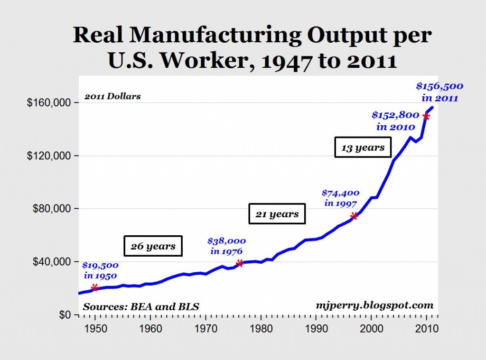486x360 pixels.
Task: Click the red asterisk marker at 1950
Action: [95, 288]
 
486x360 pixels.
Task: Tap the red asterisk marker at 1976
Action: [240, 263]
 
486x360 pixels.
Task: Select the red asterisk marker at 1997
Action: [355, 216]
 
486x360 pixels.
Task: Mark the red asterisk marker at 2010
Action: [427, 117]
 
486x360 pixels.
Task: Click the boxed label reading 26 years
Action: [153, 246]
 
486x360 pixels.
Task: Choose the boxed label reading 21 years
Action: [277, 214]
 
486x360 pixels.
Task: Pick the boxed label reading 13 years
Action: [363, 148]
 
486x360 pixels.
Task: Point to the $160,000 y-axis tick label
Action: [49, 102]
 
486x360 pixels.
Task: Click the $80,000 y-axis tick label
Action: [52, 209]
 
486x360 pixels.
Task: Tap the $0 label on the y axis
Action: [65, 315]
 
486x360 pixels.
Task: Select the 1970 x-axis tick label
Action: [206, 328]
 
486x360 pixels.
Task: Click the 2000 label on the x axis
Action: [371, 328]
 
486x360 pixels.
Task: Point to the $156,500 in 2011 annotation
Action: [439, 92]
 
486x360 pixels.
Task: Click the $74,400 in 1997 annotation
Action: [341, 198]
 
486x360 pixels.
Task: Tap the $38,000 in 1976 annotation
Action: [226, 246]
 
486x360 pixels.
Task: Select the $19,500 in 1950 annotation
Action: [101, 270]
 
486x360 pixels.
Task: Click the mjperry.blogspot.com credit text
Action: [375, 305]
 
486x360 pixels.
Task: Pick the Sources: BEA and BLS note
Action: [141, 307]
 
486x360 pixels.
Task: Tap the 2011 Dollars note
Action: [113, 96]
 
